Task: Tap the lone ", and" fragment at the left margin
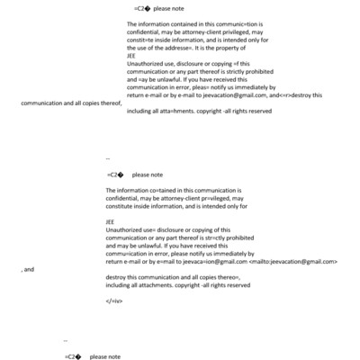click(28, 268)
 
